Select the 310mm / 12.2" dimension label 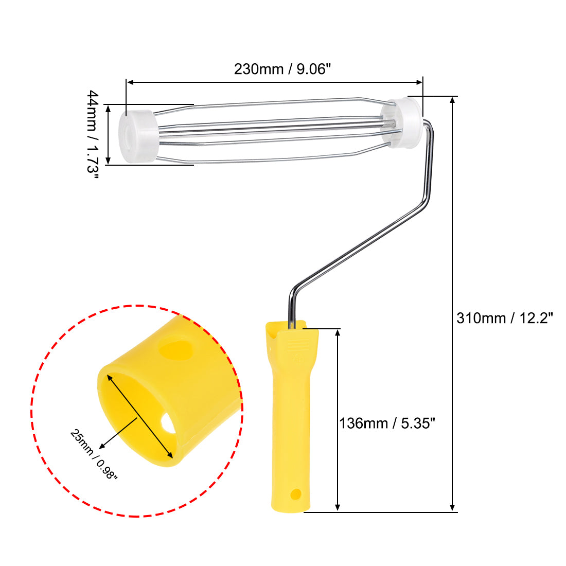[x=504, y=318]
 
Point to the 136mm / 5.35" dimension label [x=387, y=423]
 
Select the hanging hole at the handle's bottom [x=295, y=494]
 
